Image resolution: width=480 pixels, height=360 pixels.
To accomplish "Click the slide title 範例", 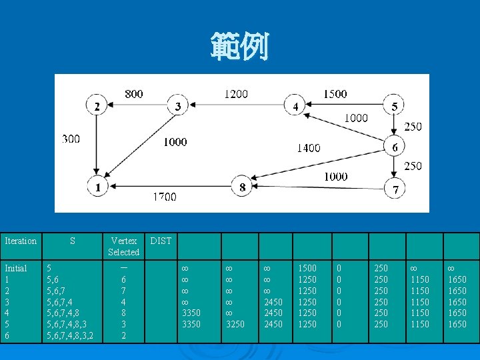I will click(x=240, y=47).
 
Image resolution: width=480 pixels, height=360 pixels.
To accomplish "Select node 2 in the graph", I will click(x=97, y=107).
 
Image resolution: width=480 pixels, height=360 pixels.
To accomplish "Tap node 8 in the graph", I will click(x=243, y=187).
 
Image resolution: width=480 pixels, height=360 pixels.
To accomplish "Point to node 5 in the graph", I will click(x=395, y=107).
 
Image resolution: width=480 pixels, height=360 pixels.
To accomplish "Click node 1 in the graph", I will click(x=98, y=187).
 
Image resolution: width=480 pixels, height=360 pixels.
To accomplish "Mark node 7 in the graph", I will click(x=395, y=190).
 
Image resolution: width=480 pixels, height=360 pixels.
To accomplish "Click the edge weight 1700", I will click(x=164, y=197).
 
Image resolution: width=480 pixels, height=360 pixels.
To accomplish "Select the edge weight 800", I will click(x=134, y=94).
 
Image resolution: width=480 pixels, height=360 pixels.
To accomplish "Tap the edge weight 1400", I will click(x=308, y=148).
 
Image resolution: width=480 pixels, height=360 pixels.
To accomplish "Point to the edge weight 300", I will click(x=71, y=139).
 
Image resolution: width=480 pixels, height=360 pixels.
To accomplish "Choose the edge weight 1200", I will click(x=236, y=94).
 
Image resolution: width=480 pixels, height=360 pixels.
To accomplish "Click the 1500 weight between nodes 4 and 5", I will click(x=335, y=94).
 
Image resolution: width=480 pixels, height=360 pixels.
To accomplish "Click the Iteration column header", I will click(x=21, y=241).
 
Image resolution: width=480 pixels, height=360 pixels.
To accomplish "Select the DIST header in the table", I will click(x=160, y=241).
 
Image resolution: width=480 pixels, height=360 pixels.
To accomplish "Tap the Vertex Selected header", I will click(x=125, y=246).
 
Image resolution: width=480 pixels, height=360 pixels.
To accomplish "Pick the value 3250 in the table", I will click(x=235, y=325).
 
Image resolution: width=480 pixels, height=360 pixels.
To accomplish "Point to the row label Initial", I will click(x=16, y=268).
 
